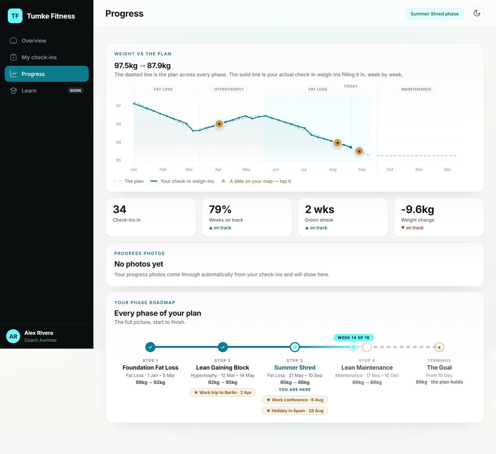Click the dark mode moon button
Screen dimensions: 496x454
(x=477, y=14)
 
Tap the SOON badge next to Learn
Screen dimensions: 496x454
(x=75, y=91)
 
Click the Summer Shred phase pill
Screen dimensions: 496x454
(x=434, y=14)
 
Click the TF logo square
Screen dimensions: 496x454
(x=15, y=16)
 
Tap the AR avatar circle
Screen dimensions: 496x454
(x=13, y=336)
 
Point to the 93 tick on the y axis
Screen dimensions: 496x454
(x=118, y=124)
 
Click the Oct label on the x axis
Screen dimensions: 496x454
(x=390, y=170)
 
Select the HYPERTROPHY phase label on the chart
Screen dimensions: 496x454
(x=229, y=89)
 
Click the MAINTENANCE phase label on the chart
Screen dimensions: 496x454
(x=416, y=89)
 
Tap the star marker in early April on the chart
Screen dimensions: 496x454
(x=219, y=124)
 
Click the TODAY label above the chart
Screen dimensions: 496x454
(x=351, y=86)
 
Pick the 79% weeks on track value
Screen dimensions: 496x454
(x=220, y=210)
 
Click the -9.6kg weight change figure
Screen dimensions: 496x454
(x=418, y=210)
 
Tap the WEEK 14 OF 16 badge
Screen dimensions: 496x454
(x=354, y=338)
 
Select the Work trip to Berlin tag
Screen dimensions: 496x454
(x=222, y=392)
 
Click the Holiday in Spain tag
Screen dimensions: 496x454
(x=295, y=411)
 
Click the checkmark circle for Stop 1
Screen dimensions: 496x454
(x=150, y=347)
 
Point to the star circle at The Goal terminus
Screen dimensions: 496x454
(x=439, y=347)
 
